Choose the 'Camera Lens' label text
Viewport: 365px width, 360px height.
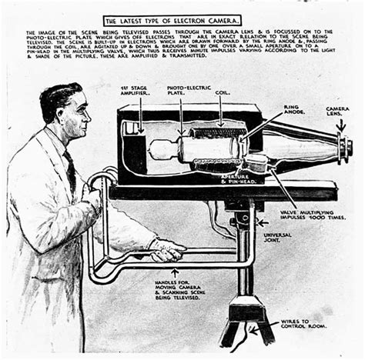337,112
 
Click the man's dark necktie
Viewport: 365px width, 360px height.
72,174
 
